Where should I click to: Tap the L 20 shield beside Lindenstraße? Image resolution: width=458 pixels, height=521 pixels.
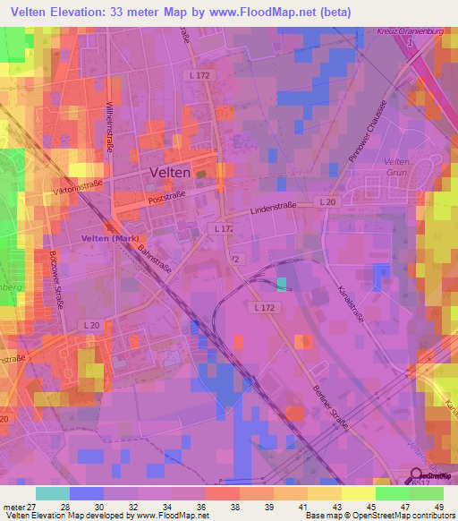(328, 203)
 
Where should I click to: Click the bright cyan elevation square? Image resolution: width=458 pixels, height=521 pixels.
(283, 284)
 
